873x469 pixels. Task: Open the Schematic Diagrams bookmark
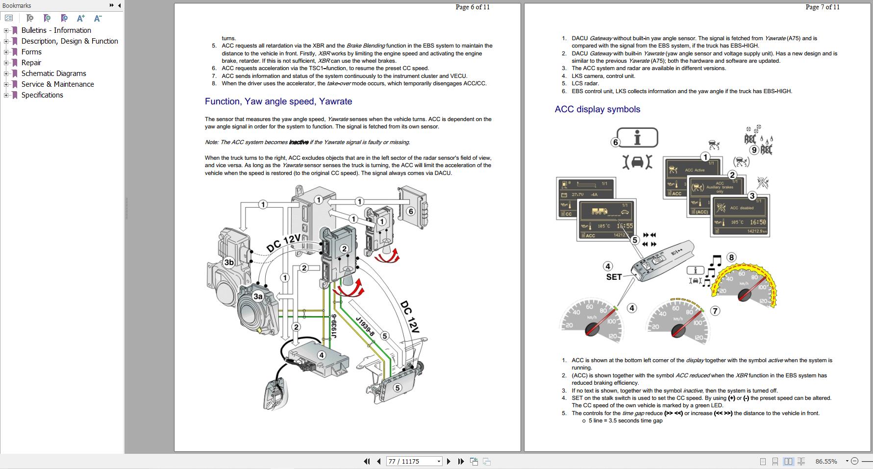53,74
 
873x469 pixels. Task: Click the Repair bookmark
31,63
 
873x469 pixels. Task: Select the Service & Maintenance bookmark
57,84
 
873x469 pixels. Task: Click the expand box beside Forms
6,52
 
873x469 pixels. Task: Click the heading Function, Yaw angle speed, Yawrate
278,101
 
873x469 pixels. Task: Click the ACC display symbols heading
597,109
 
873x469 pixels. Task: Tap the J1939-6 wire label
334,326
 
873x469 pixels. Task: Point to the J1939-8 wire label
365,327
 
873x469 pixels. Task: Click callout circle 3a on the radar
258,296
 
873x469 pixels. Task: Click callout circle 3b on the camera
229,262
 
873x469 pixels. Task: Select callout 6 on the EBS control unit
411,211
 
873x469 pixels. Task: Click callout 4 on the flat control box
321,355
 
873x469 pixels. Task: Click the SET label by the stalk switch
614,277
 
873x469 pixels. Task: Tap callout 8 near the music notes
731,257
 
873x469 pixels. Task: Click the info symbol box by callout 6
637,138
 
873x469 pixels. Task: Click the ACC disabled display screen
741,216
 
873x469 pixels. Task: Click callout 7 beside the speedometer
715,311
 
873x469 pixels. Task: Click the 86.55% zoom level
826,461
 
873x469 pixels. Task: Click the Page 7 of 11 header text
822,7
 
